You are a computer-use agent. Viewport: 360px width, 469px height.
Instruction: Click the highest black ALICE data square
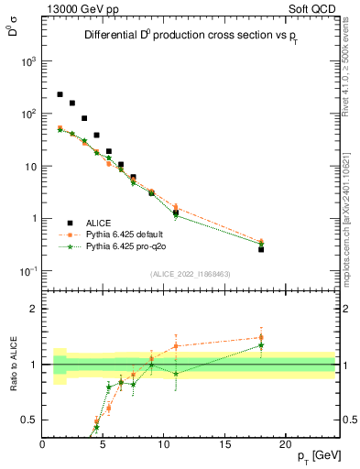(60, 94)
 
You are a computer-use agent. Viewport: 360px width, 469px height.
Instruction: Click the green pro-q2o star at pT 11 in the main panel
(176, 215)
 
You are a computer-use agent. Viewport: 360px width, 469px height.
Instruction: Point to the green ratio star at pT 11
(176, 374)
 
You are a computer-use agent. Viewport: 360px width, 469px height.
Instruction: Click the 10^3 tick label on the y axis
(28, 61)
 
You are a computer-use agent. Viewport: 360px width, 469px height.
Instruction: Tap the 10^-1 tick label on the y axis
(28, 272)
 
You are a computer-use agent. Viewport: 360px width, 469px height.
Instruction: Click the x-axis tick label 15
(224, 444)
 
